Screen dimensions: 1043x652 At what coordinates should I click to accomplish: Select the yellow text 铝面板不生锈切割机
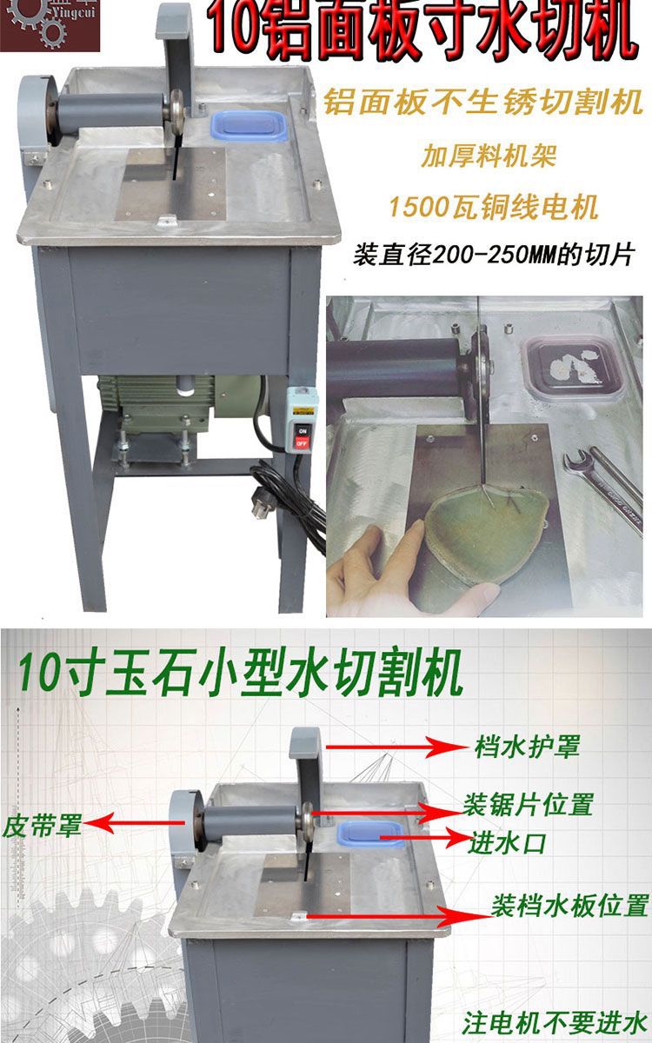pyautogui.click(x=482, y=103)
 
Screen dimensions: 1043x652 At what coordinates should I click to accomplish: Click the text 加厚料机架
pyautogui.click(x=489, y=156)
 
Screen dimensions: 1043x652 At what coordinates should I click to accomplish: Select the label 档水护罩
pyautogui.click(x=527, y=747)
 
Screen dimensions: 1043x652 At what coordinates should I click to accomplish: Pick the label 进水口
pyautogui.click(x=509, y=841)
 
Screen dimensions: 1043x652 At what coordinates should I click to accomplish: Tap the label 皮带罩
pyautogui.click(x=42, y=824)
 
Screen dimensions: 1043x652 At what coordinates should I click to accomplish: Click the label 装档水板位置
pyautogui.click(x=570, y=907)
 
